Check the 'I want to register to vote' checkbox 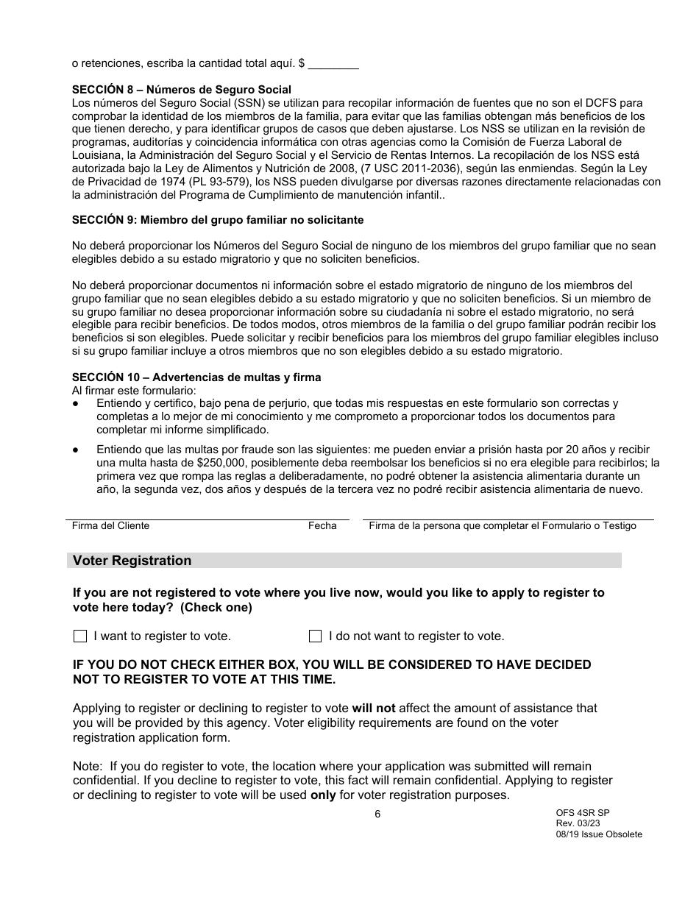[80, 636]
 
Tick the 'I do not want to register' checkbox [315, 636]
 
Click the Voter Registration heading [132, 561]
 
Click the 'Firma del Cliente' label [110, 526]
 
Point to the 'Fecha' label [322, 526]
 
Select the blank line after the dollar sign [333, 64]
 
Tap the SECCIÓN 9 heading [218, 220]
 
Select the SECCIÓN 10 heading [196, 377]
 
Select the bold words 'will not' [373, 709]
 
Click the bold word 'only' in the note [323, 795]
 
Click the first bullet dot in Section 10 [76, 404]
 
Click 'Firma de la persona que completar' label [502, 526]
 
